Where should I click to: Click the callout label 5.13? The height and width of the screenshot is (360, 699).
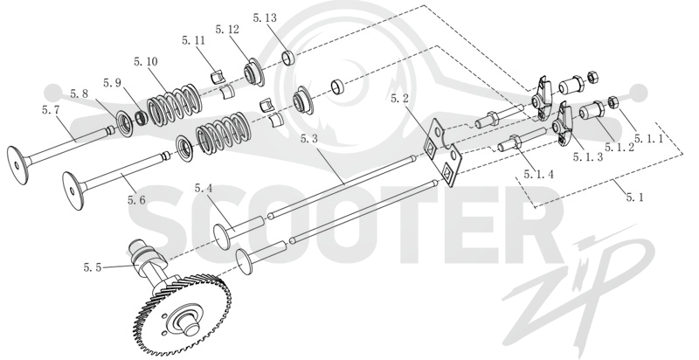point(265,18)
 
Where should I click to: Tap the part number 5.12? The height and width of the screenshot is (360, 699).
point(227,30)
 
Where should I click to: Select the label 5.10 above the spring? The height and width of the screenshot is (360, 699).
point(146,61)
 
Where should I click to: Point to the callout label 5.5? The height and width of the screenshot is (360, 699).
point(93,267)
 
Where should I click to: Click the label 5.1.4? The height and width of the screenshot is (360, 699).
point(538,174)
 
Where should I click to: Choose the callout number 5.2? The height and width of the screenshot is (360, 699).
point(399,99)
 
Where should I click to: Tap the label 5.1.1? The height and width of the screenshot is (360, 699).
point(648,139)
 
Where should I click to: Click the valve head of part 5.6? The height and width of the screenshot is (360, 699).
point(73,190)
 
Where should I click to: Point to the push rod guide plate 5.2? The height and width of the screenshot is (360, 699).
point(443,151)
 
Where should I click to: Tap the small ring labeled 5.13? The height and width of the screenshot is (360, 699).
point(290,58)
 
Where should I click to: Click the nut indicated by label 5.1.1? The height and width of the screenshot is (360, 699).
point(612,102)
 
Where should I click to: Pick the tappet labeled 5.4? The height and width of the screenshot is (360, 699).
point(239,229)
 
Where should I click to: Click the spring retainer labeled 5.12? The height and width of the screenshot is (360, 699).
point(253,72)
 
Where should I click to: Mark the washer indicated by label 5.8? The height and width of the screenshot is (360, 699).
point(124,125)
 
